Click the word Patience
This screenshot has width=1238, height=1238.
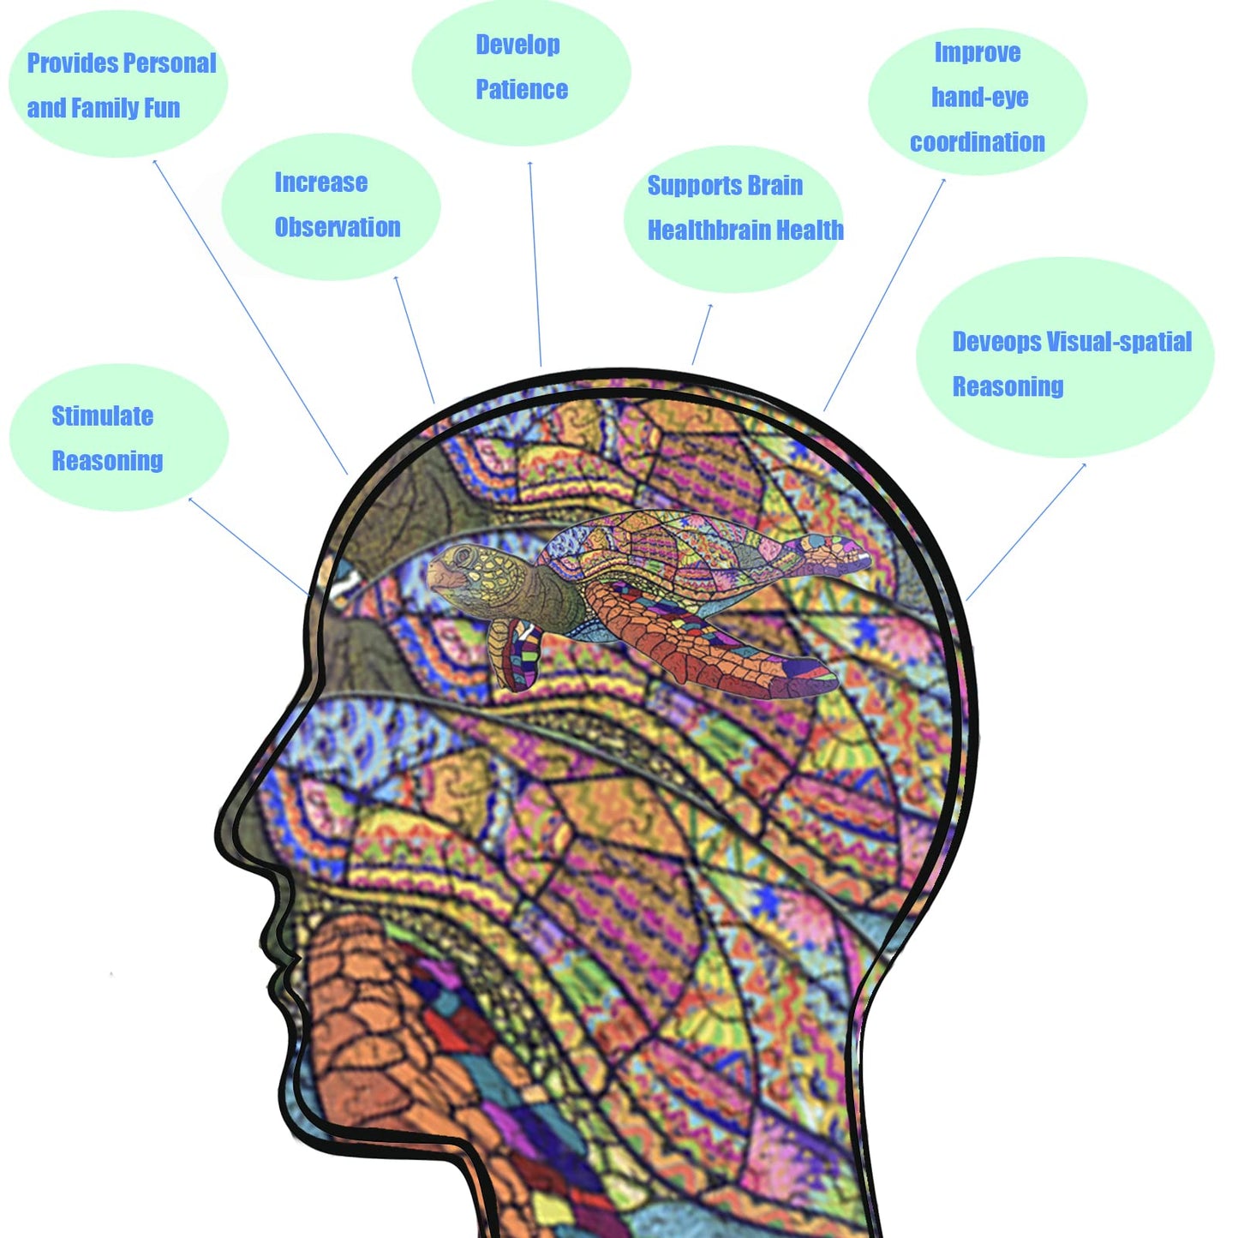coord(522,89)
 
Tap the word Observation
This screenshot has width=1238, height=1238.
coord(338,227)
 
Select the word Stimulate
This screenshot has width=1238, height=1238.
coord(103,416)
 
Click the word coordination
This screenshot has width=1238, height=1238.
coord(978,142)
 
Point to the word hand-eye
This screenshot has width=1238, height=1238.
coord(980,98)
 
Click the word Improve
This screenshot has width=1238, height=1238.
coord(978,53)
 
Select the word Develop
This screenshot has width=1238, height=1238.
coord(518,45)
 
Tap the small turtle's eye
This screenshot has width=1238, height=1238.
coord(464,556)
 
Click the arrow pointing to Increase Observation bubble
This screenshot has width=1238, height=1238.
coord(415,339)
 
